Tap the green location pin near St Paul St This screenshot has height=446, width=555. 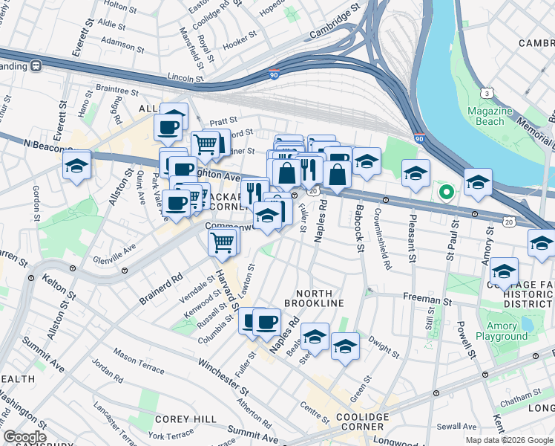pos(446,193)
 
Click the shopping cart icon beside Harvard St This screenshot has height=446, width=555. pos(223,242)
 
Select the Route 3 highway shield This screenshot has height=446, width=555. pos(487,92)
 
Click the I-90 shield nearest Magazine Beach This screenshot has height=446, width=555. pos(419,138)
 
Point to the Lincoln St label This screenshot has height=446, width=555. pos(185,77)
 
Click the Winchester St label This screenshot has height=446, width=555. pos(222,378)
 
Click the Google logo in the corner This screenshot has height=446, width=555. pos(24,437)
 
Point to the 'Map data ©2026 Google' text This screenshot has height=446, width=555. pos(509,440)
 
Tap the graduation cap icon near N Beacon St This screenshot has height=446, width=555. pos(76,167)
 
